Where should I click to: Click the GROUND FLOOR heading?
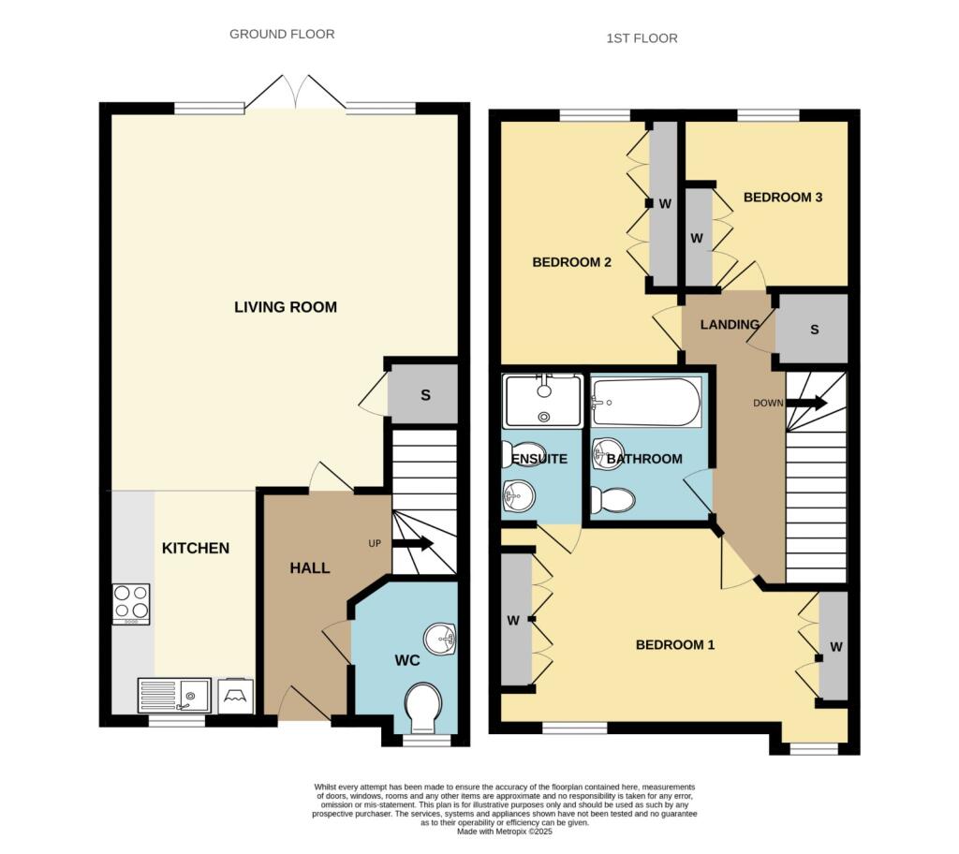[282, 35]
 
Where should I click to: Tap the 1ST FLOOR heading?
[642, 38]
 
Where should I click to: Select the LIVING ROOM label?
[286, 307]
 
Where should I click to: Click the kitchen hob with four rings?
[131, 604]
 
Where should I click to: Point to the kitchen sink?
[174, 696]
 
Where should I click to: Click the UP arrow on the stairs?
[413, 543]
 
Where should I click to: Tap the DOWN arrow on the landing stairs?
[806, 404]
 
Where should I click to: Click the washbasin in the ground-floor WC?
[440, 640]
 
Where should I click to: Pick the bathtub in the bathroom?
[646, 402]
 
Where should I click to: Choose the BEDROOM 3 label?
[783, 197]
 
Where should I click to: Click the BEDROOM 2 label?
[572, 262]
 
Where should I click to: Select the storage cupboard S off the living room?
[424, 394]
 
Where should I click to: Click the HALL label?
[310, 568]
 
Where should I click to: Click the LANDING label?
[730, 324]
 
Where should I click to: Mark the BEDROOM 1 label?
[675, 645]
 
